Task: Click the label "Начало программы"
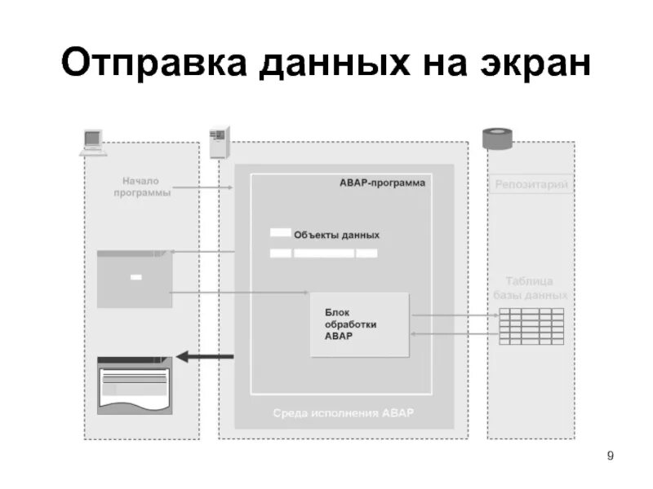pyautogui.click(x=142, y=187)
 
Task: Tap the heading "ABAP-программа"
pyautogui.click(x=382, y=183)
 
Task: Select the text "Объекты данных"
pyautogui.click(x=336, y=235)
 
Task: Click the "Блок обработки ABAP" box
pyautogui.click(x=358, y=324)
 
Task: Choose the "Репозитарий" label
pyautogui.click(x=531, y=185)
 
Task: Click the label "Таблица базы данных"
pyautogui.click(x=530, y=288)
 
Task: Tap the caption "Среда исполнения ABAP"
pyautogui.click(x=343, y=412)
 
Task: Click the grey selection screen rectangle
pyautogui.click(x=135, y=279)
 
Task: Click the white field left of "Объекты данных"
pyautogui.click(x=280, y=233)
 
